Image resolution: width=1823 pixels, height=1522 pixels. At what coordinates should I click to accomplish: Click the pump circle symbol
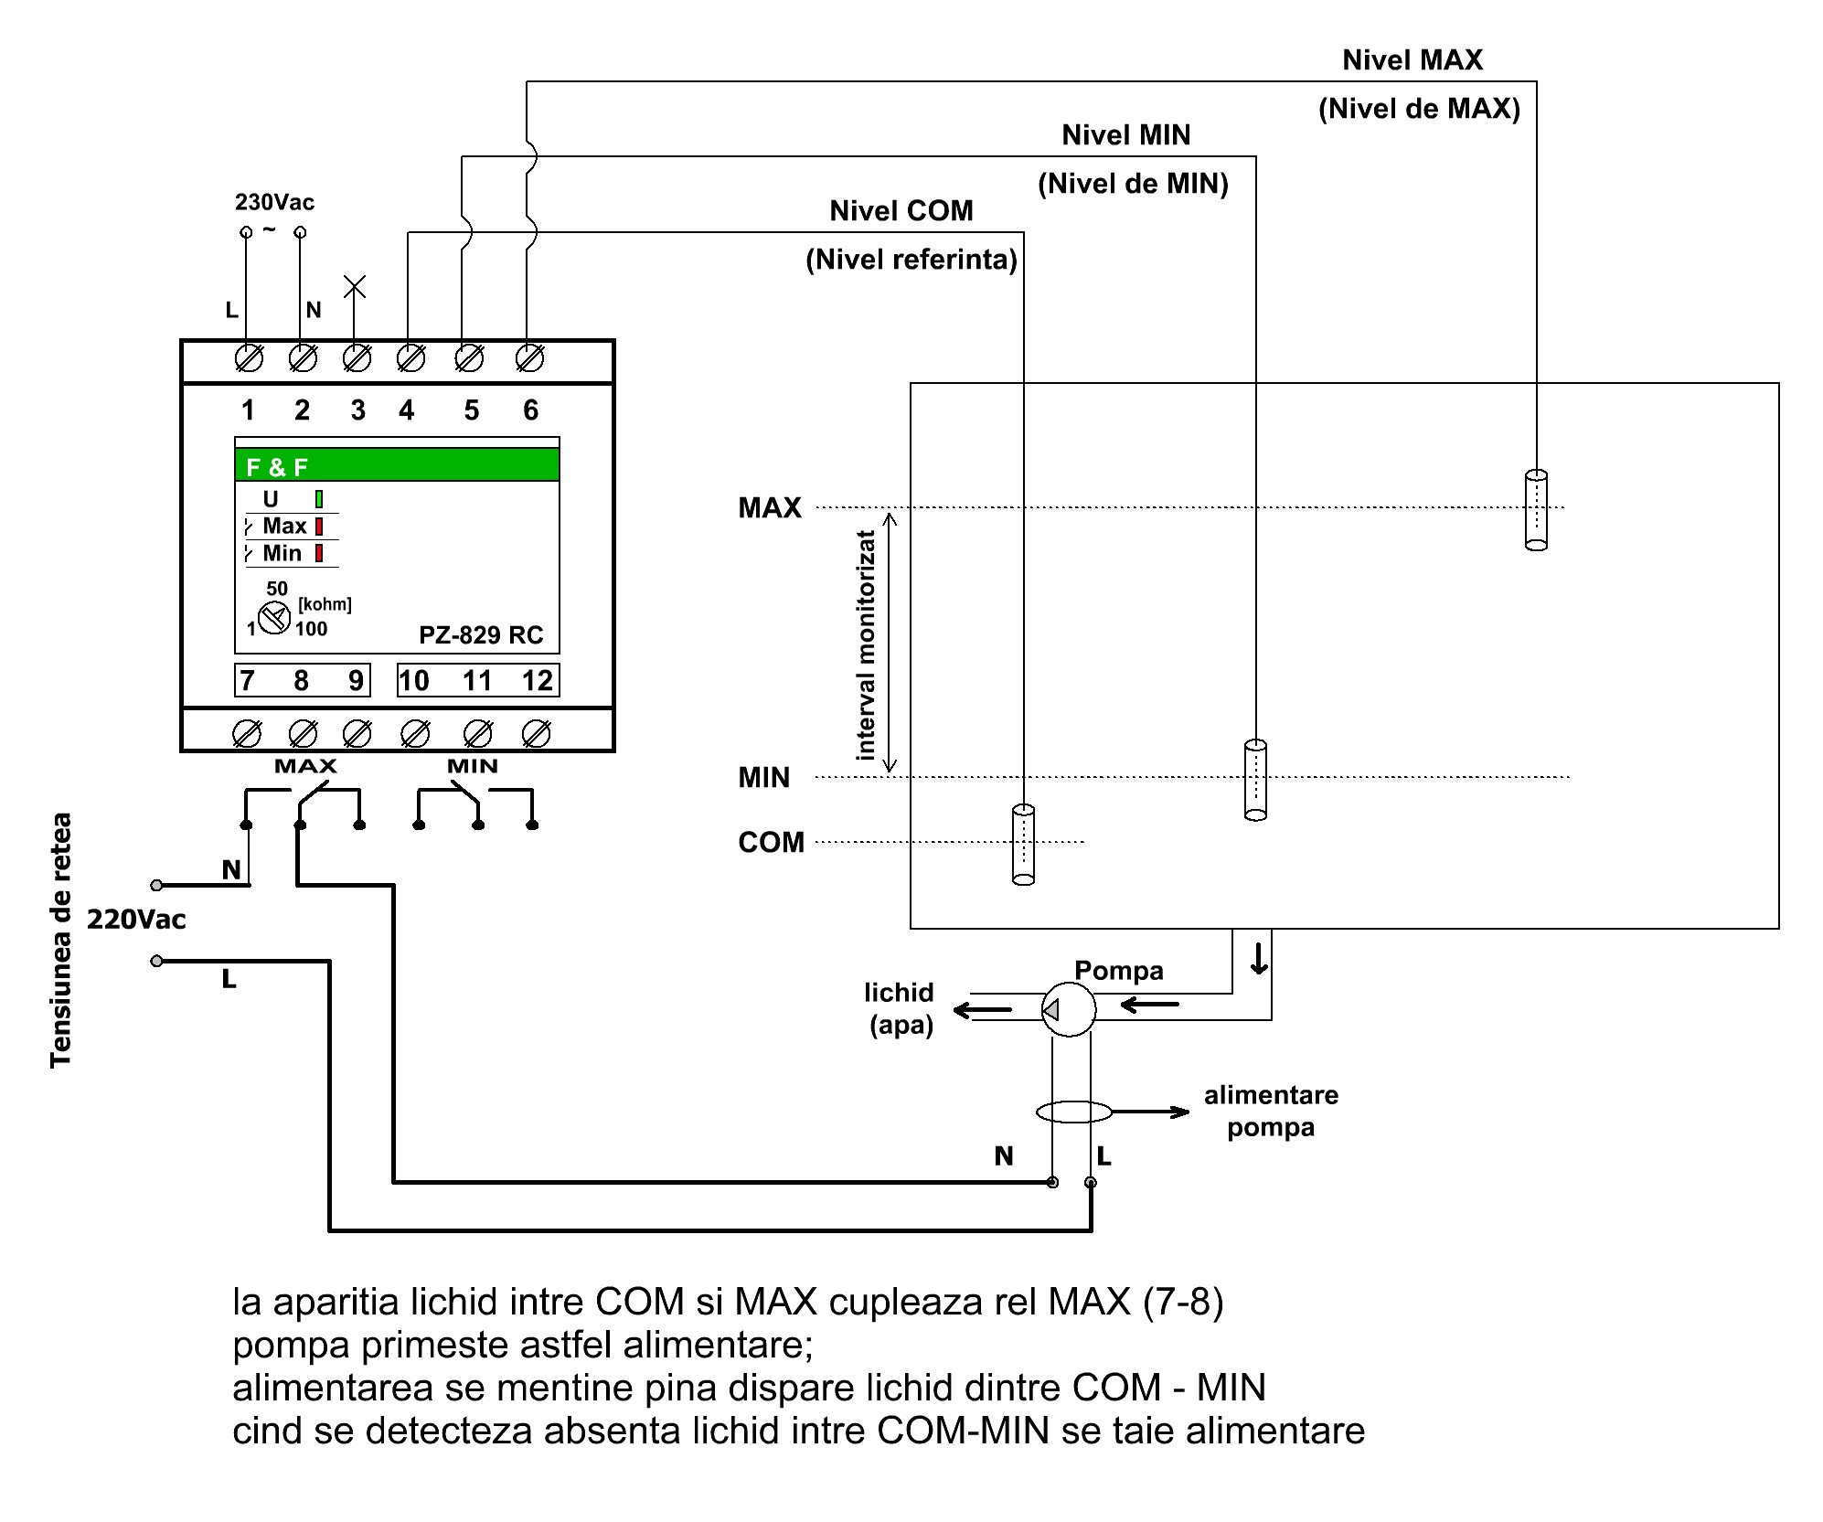pyautogui.click(x=1069, y=1009)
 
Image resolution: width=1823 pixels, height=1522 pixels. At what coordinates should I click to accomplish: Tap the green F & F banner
pyautogui.click(x=397, y=465)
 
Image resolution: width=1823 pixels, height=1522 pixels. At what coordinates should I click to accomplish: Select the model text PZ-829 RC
pyautogui.click(x=481, y=634)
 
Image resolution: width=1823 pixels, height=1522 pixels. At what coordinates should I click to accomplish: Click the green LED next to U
pyautogui.click(x=319, y=499)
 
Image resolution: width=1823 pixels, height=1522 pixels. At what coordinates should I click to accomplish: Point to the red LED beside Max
pyautogui.click(x=319, y=527)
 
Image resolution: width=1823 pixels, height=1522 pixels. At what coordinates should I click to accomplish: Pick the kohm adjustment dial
pyautogui.click(x=273, y=619)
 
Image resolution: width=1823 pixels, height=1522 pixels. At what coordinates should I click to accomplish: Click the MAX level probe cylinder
pyautogui.click(x=1536, y=509)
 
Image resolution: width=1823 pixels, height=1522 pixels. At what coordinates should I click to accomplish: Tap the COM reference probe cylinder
pyautogui.click(x=1023, y=844)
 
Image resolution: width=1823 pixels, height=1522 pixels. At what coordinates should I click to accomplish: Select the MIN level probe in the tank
pyautogui.click(x=1255, y=780)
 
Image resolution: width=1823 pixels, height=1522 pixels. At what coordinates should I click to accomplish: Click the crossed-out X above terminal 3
pyautogui.click(x=355, y=286)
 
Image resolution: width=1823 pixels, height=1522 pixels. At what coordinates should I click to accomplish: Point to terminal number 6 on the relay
pyautogui.click(x=530, y=410)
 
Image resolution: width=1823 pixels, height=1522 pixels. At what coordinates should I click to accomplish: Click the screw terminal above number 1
pyautogui.click(x=249, y=358)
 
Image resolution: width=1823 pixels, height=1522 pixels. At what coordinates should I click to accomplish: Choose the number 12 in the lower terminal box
pyautogui.click(x=538, y=681)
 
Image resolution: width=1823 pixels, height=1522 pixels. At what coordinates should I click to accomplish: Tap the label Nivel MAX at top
pyautogui.click(x=1412, y=60)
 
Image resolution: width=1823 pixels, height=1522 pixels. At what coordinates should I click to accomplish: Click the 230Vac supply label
pyautogui.click(x=274, y=202)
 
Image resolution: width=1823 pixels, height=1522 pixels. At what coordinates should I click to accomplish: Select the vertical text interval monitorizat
pyautogui.click(x=865, y=645)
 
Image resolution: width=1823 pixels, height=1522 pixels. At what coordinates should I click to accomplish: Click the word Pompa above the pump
pyautogui.click(x=1118, y=970)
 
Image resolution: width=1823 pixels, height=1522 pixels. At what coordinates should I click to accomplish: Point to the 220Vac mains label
pyautogui.click(x=136, y=920)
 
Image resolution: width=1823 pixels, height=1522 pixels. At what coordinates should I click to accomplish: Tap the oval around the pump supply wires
pyautogui.click(x=1073, y=1112)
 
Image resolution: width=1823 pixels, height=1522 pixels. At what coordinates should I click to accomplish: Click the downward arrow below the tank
pyautogui.click(x=1259, y=958)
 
